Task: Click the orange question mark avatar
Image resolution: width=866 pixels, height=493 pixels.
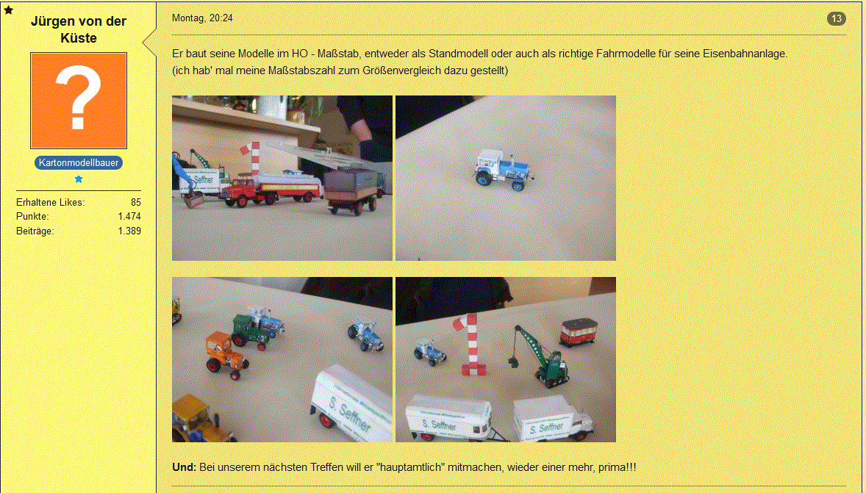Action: point(79,101)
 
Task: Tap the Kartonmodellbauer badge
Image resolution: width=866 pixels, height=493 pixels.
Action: point(79,163)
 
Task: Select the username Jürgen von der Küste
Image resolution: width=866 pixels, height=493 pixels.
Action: point(79,29)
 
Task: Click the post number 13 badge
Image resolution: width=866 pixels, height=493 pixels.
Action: point(836,19)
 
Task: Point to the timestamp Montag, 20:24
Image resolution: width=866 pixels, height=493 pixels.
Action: point(202,18)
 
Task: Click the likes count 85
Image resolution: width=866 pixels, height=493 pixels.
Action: point(136,203)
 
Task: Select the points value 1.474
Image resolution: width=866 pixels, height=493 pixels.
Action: point(129,217)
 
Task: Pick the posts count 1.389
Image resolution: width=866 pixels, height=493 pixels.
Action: point(129,231)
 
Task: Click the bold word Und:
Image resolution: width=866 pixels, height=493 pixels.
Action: point(184,467)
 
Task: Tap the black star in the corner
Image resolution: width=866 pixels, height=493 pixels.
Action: point(8,10)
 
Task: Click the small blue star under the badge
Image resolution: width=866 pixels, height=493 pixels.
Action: point(79,179)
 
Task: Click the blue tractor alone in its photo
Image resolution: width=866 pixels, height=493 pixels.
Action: point(503,169)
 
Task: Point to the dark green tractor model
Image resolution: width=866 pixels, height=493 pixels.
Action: point(250,332)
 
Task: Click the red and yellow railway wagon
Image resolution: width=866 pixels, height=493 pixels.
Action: point(579,332)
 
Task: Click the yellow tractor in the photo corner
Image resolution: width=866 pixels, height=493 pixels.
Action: point(198,419)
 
